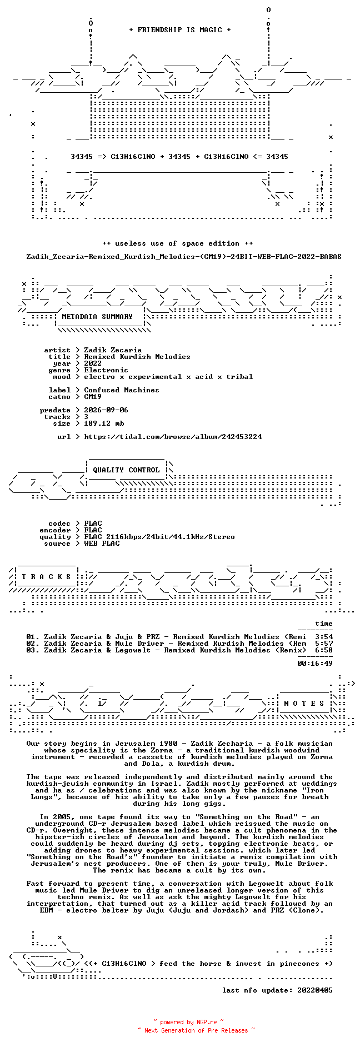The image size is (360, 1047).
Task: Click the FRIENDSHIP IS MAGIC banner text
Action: pos(179,30)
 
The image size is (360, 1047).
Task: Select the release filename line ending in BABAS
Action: pos(184,257)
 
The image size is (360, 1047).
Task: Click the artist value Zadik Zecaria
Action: pos(113,350)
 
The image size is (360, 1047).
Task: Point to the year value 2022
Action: pos(93,363)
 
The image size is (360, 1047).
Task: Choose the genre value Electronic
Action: pos(106,370)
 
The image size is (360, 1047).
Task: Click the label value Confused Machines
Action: pos(122,390)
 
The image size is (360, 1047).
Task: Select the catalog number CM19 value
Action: pos(93,397)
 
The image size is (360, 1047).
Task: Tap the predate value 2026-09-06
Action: pos(106,410)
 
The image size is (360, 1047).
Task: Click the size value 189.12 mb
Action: pos(104,423)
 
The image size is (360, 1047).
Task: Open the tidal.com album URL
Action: pos(173,437)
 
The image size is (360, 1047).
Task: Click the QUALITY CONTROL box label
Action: pos(126,470)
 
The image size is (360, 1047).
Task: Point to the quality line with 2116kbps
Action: pos(159,537)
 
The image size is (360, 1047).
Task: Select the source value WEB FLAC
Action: pos(102,544)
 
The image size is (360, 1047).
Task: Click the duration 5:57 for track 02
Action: pos(324,644)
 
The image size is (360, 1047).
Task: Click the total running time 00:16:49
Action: pos(315,664)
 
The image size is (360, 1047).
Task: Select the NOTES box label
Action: pos(304,704)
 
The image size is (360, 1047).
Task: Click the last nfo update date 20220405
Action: pos(315,990)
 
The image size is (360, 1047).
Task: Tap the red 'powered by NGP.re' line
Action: pos(189,1022)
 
